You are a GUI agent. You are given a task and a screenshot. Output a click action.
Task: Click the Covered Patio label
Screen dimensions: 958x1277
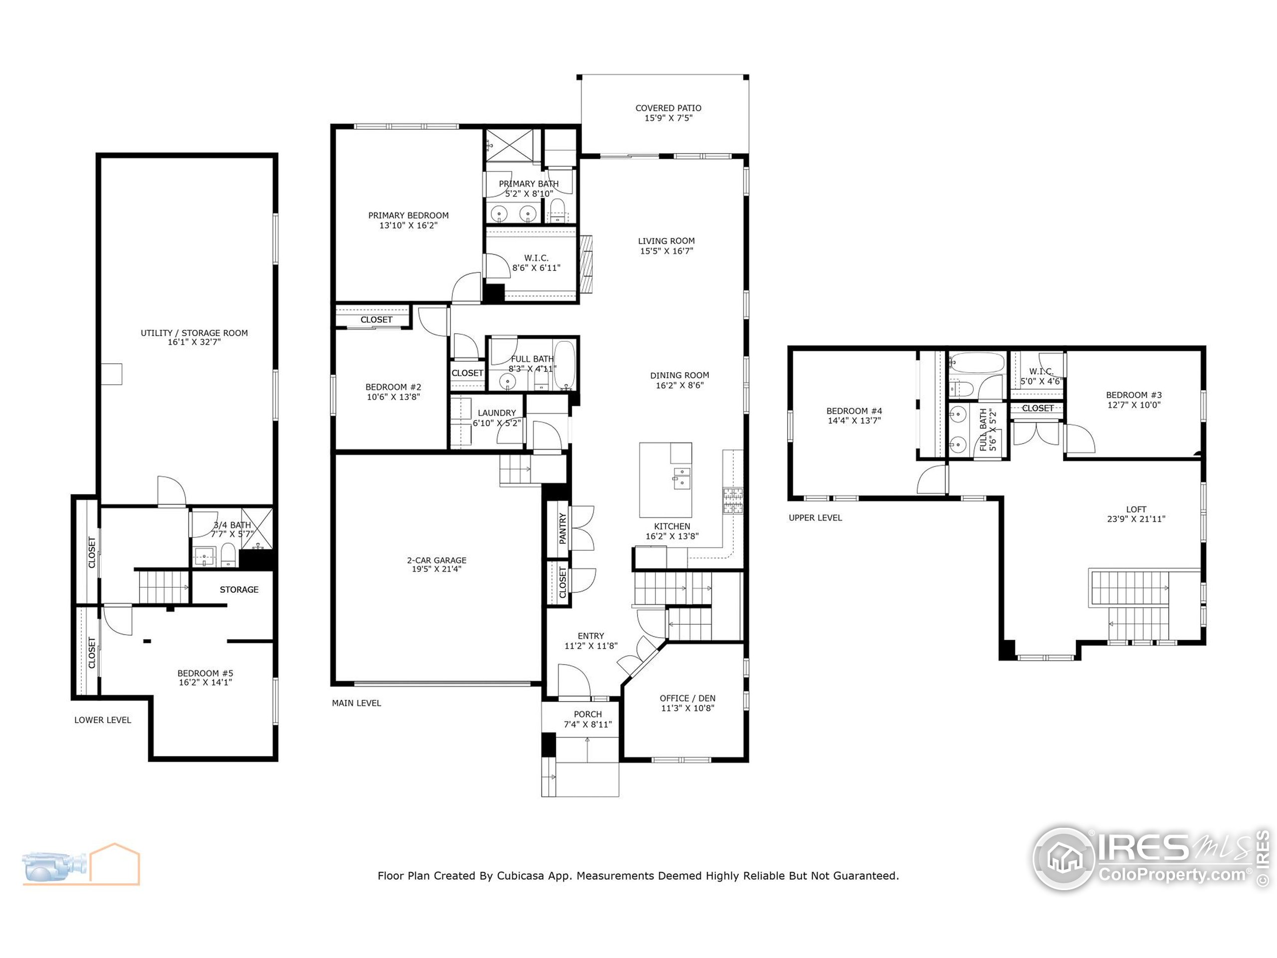tap(668, 108)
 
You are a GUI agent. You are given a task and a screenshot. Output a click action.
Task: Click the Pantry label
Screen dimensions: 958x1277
tap(562, 528)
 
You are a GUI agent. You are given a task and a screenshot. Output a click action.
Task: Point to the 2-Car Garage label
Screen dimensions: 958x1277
tap(436, 560)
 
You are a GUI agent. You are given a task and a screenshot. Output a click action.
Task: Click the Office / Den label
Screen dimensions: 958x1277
tap(687, 698)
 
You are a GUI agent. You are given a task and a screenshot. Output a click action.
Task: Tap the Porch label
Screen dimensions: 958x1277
tap(588, 715)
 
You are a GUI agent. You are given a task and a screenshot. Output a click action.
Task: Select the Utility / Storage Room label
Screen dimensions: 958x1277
tap(194, 333)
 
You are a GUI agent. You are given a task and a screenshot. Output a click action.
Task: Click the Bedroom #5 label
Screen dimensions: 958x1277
tap(205, 673)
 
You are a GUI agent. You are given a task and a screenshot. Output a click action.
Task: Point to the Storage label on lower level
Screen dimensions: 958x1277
tap(239, 590)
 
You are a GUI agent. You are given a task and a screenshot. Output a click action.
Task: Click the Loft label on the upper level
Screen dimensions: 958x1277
tap(1135, 509)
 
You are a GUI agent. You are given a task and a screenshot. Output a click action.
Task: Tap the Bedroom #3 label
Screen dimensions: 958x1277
tap(1133, 395)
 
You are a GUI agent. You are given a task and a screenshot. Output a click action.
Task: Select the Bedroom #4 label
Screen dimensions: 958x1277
tap(854, 411)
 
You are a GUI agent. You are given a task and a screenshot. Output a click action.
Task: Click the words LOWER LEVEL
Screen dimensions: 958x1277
tap(103, 720)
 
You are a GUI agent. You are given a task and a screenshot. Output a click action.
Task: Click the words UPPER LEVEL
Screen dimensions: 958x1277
tap(815, 518)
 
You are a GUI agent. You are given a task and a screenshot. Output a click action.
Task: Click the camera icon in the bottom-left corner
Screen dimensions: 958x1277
tap(55, 865)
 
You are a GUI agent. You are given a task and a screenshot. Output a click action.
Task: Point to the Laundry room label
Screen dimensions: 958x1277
tap(496, 413)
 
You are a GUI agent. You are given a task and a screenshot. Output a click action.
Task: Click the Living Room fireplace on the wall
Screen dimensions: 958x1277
tap(587, 264)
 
